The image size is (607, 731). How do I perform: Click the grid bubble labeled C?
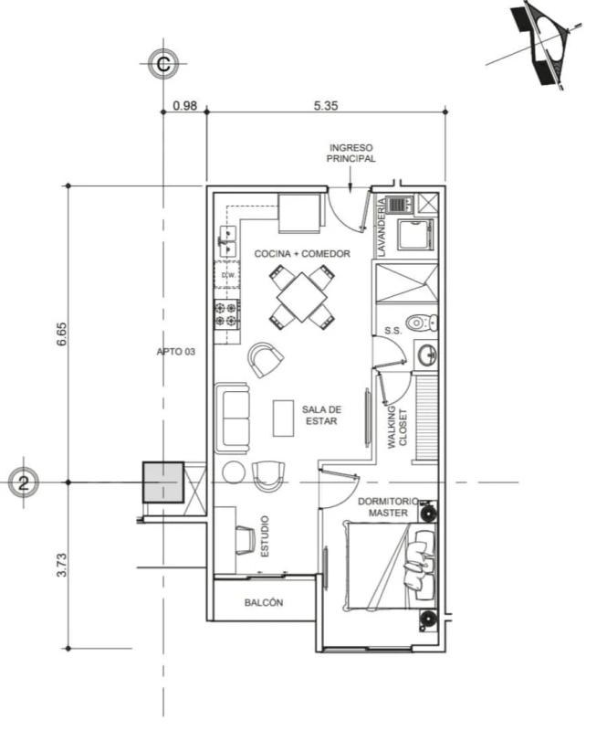click(163, 64)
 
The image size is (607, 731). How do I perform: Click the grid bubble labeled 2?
click(24, 482)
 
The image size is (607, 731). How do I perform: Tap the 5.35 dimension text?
click(326, 106)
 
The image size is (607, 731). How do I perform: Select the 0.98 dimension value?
click(185, 106)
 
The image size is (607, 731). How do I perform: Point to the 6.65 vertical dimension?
click(62, 334)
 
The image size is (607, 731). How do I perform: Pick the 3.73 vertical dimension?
click(62, 565)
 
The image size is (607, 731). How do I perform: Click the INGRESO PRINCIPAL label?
click(351, 153)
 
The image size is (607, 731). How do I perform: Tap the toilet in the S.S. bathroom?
click(422, 323)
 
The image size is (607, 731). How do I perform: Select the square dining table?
click(302, 297)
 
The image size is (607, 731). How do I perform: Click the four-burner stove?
click(227, 314)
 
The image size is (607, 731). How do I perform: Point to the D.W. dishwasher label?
click(228, 275)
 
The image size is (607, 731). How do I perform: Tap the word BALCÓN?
click(264, 602)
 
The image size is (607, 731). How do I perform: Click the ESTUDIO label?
click(264, 536)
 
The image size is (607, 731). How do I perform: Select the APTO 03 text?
click(175, 352)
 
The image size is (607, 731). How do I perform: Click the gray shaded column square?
click(163, 482)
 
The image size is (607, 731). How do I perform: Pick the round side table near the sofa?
click(234, 472)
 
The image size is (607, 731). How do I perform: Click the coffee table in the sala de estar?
click(283, 418)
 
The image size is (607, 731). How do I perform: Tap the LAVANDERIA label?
click(382, 227)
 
